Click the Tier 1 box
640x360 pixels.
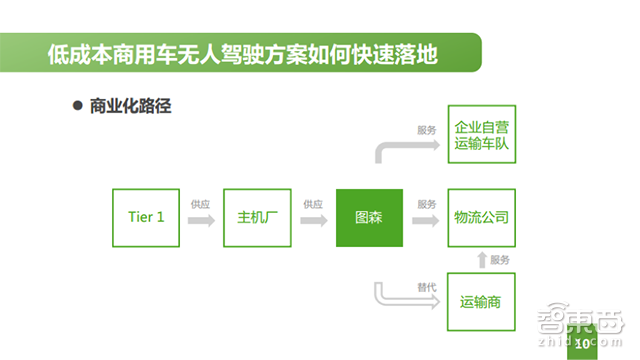146,218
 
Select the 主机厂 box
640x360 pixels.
258,218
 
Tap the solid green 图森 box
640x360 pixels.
369,218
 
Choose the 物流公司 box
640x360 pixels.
481,218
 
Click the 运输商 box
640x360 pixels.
481,301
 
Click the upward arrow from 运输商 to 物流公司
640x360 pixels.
481,260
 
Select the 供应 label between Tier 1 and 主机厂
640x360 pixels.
201,204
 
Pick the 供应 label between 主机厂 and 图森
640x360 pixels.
313,204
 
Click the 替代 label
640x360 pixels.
427,288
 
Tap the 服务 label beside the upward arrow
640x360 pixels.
500,260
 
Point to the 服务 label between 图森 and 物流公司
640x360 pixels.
427,204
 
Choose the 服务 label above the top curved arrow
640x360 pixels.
427,130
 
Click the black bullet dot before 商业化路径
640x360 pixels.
76,106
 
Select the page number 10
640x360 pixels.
582,344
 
